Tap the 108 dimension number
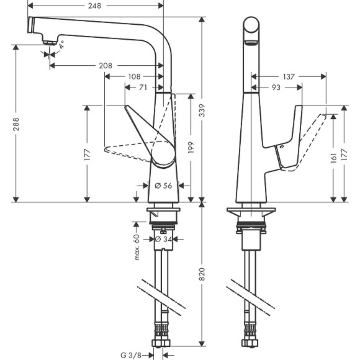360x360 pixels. (133, 77)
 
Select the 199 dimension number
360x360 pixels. (191, 147)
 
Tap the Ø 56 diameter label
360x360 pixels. (162, 185)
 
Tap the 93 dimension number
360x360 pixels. (276, 88)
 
